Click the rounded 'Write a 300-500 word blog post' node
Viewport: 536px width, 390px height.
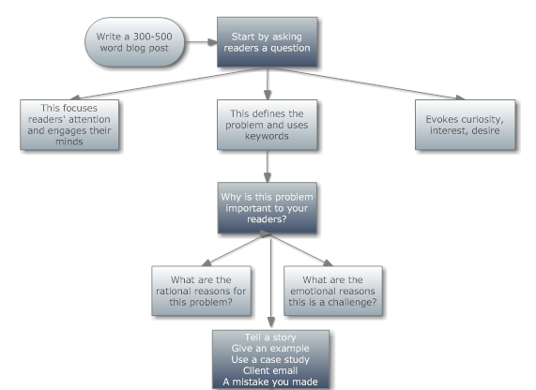134,42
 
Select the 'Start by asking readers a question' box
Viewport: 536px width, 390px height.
267,42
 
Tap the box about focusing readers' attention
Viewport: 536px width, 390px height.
69,125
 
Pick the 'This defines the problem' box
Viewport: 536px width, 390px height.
267,125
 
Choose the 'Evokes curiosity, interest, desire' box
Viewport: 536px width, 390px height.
465,125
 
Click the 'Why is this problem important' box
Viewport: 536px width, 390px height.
267,207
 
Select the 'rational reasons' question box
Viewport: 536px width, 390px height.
201,291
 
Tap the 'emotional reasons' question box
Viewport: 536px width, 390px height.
333,291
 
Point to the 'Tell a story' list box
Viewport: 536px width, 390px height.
270,360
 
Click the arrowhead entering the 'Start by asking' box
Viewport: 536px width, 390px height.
213,42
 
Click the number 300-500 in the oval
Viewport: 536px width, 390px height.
152,37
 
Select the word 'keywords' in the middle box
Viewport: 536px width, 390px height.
267,136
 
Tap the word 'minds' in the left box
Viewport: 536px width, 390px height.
69,142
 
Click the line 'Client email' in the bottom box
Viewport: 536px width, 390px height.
270,370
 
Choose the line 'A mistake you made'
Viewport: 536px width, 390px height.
270,382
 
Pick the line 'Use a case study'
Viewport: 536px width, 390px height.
270,360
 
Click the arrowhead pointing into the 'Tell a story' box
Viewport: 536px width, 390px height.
271,322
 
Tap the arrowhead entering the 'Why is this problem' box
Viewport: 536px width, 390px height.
268,177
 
